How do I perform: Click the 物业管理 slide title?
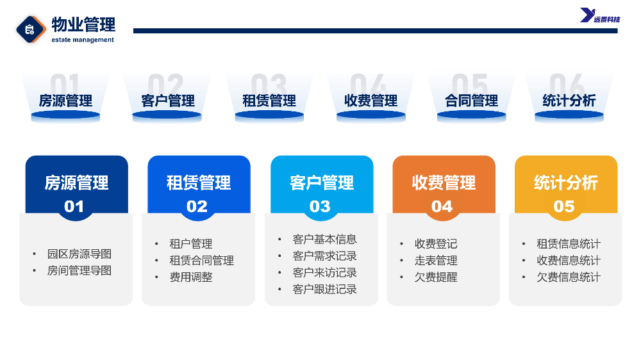tap(83, 24)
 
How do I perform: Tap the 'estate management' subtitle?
tap(83, 40)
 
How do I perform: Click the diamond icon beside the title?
tap(31, 29)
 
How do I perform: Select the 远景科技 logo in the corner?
tap(600, 15)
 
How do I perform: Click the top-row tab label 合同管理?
tap(471, 101)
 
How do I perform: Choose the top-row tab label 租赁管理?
tap(269, 101)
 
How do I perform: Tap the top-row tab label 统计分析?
tap(569, 101)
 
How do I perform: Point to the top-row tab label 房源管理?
tap(65, 101)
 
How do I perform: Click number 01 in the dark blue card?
tap(74, 206)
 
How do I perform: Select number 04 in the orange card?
tap(442, 206)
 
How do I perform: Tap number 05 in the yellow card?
tap(564, 206)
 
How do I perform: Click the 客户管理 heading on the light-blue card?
tap(322, 183)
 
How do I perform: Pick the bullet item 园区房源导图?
tap(79, 254)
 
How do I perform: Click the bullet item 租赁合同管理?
tap(201, 260)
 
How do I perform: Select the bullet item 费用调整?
tap(191, 277)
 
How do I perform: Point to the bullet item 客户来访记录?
tap(324, 272)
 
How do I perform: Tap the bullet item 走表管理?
tap(436, 260)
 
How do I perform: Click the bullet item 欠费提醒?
tap(436, 277)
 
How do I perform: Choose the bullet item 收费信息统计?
tap(569, 260)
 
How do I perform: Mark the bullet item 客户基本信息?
tap(324, 239)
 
